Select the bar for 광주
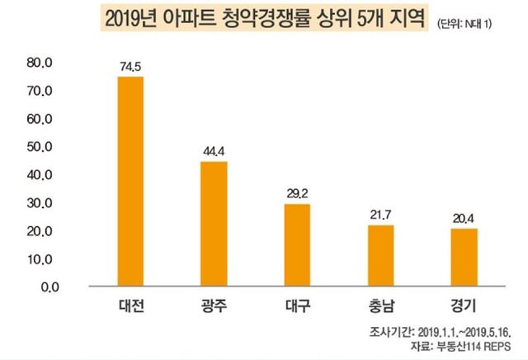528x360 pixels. (214, 224)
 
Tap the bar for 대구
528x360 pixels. (297, 245)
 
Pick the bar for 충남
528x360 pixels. (380, 256)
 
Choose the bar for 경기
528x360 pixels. (464, 258)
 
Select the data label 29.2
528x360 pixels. (297, 195)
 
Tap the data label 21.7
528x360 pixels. (380, 216)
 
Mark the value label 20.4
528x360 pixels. (464, 219)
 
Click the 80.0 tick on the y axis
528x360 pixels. (39, 63)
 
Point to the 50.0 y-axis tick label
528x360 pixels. (39, 147)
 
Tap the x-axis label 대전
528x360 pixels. (130, 307)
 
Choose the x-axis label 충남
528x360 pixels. (380, 307)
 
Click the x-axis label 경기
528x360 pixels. (464, 307)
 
